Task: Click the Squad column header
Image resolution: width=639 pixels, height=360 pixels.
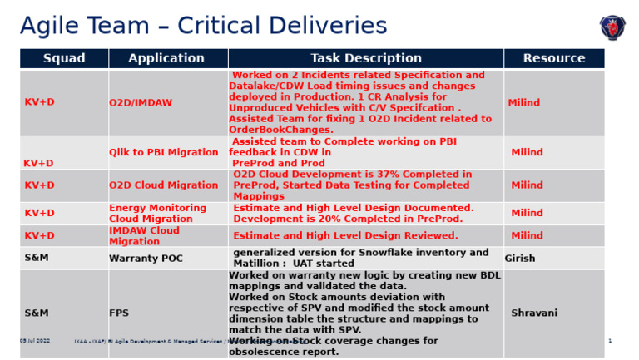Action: [64, 58]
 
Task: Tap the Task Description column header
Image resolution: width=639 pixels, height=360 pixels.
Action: [366, 58]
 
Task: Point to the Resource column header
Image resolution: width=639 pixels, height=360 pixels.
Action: [554, 58]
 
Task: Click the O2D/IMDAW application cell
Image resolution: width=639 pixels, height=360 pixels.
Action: [141, 103]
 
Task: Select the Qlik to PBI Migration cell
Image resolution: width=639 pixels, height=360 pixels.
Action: [164, 153]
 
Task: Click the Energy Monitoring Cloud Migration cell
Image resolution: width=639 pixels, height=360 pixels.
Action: [158, 214]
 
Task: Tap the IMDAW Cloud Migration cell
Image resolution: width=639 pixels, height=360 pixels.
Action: [144, 236]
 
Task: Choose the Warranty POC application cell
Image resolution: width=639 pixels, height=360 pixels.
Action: [146, 259]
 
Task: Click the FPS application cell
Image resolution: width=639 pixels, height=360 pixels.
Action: [119, 313]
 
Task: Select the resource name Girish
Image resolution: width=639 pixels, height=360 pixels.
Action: [520, 259]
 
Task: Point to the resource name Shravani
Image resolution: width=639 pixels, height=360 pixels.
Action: [534, 313]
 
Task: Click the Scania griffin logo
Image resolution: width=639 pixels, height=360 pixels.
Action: [613, 27]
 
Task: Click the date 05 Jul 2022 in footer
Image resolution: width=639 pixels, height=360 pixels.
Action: [35, 341]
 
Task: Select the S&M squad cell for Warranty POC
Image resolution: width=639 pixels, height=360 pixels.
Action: [37, 259]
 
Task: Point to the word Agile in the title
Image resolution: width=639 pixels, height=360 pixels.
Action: [52, 26]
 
